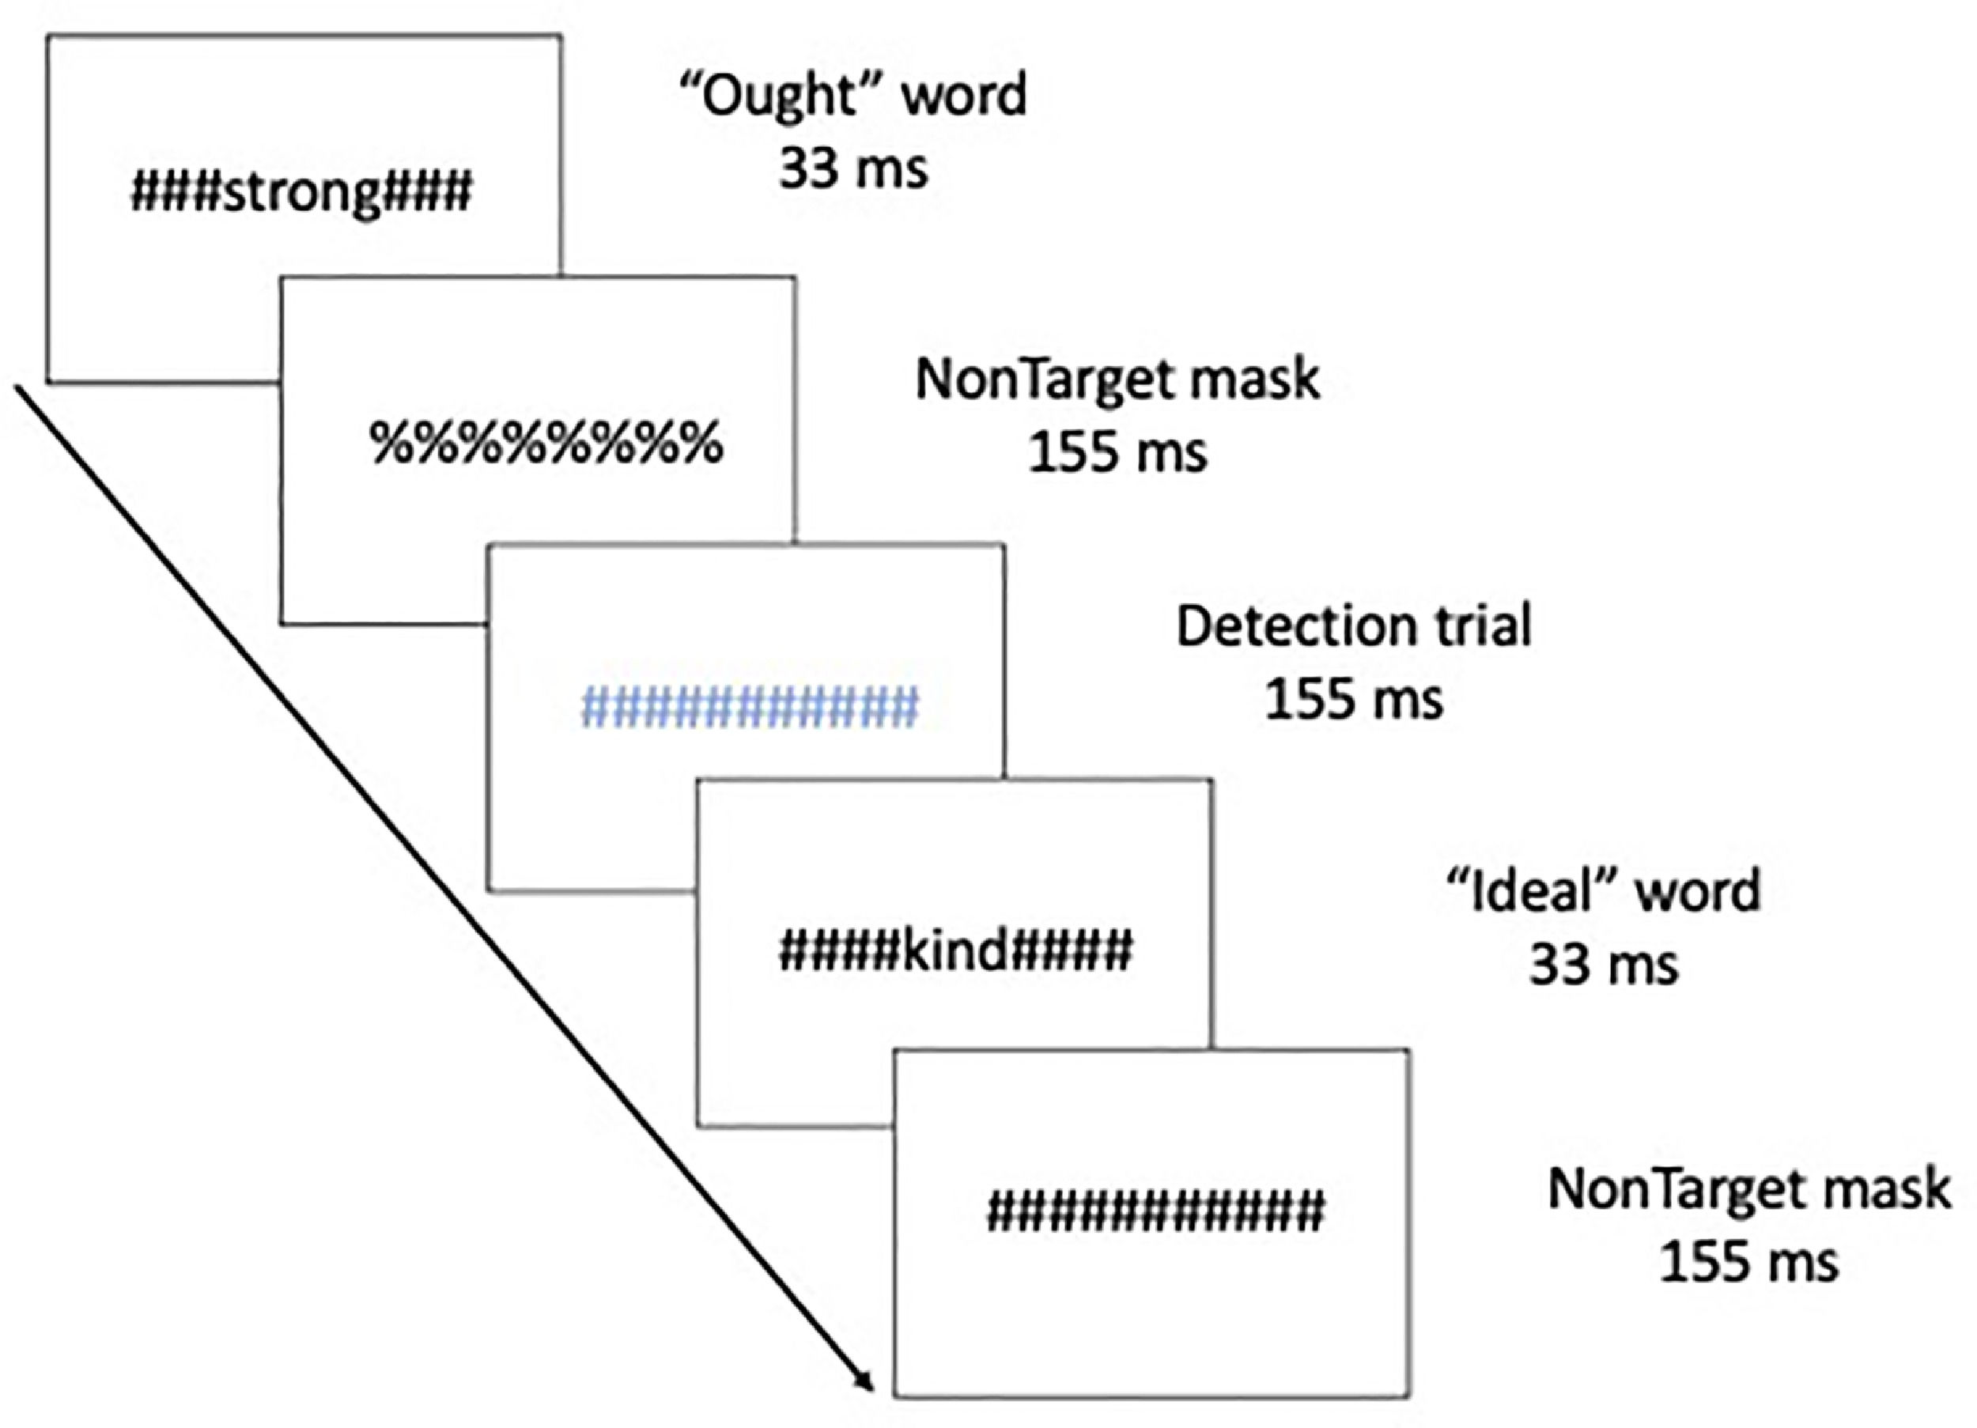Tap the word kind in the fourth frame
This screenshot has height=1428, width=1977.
[955, 950]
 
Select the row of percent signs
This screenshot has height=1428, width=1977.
[546, 444]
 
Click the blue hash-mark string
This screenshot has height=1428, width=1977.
[750, 706]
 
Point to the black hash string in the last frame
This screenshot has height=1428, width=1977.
[1155, 1212]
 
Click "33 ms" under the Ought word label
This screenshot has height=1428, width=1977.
[852, 168]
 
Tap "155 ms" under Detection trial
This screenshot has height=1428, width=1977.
[1354, 699]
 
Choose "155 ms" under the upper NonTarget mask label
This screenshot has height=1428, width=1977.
[1117, 452]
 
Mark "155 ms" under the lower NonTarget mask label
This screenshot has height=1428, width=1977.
[1748, 1261]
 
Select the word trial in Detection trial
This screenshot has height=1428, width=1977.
[1482, 626]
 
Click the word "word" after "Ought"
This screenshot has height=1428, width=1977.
[963, 96]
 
